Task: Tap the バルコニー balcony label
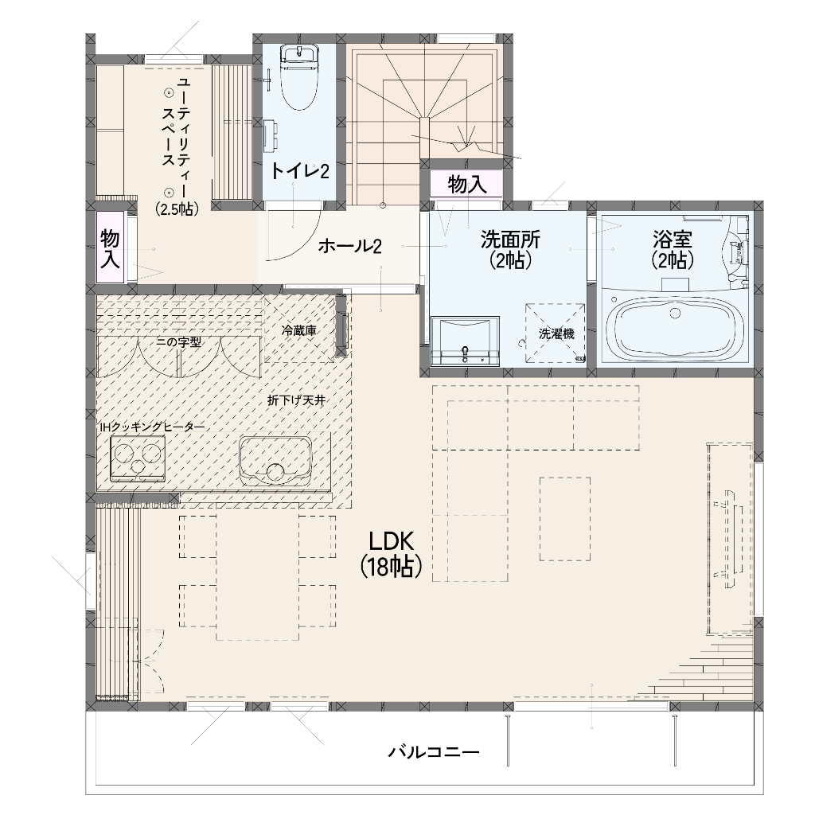pyautogui.click(x=434, y=752)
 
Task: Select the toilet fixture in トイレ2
pyautogui.click(x=299, y=76)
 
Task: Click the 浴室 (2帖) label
pyautogui.click(x=673, y=250)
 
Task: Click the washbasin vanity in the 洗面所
pyautogui.click(x=465, y=341)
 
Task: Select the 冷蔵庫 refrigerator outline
pyautogui.click(x=299, y=329)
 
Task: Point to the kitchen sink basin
pyautogui.click(x=275, y=462)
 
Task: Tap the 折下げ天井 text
pyautogui.click(x=296, y=400)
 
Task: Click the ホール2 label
pyautogui.click(x=349, y=246)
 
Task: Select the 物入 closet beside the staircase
pyautogui.click(x=466, y=184)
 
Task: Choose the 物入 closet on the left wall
pyautogui.click(x=110, y=248)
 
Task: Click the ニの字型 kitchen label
pyautogui.click(x=178, y=341)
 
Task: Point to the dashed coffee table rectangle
pyautogui.click(x=565, y=519)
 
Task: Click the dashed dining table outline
pyautogui.click(x=257, y=577)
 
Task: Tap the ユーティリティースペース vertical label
pyautogui.click(x=176, y=146)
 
